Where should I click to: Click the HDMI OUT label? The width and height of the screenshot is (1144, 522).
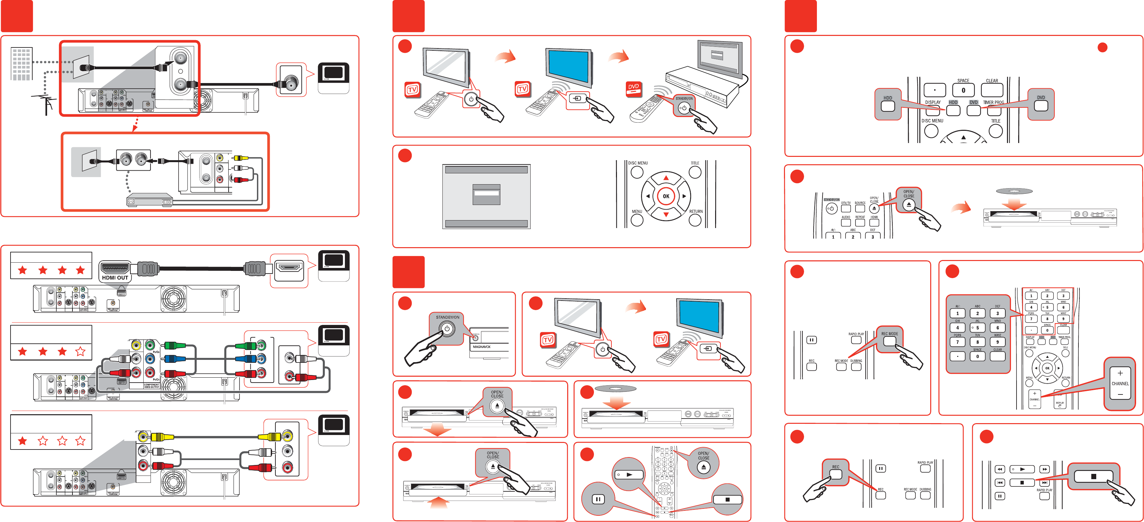(115, 278)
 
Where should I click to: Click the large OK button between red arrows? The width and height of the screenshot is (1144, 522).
(666, 196)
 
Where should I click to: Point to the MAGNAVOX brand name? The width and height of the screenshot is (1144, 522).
(481, 347)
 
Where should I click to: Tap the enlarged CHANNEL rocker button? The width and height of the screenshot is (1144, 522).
(1120, 383)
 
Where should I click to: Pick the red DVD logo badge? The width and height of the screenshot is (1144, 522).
(633, 88)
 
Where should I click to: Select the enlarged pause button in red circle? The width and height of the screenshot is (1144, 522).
(598, 499)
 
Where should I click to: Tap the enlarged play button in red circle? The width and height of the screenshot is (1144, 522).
(629, 475)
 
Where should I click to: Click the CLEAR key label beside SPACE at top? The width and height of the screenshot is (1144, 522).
(992, 81)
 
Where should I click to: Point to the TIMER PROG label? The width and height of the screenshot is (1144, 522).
(993, 102)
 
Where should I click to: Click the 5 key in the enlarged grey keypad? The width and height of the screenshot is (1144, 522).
(977, 328)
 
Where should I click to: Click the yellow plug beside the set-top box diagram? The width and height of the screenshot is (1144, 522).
(240, 158)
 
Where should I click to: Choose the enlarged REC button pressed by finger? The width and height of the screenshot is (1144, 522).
(835, 474)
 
